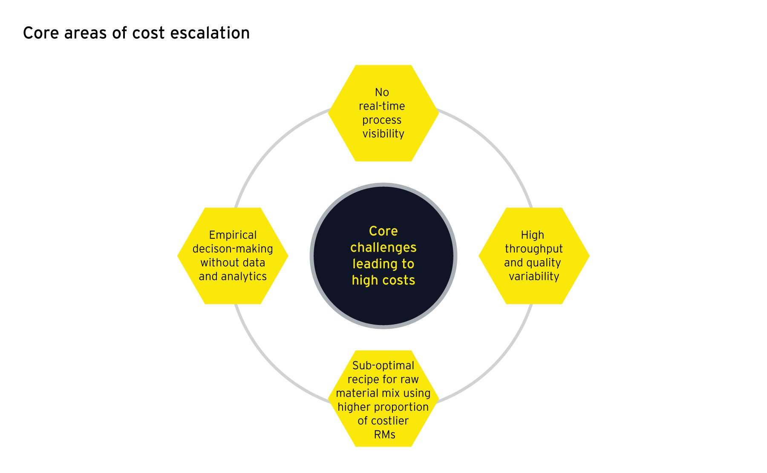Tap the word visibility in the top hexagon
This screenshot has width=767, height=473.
click(x=383, y=134)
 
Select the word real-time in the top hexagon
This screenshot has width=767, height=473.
click(x=382, y=106)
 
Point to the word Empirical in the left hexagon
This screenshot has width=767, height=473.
click(x=233, y=235)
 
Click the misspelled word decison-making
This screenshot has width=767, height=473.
click(x=233, y=249)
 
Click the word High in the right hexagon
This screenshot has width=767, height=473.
click(x=532, y=235)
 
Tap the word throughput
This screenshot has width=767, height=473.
click(x=533, y=249)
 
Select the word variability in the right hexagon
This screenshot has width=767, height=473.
click(x=534, y=276)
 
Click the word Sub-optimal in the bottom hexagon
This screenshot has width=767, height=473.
click(x=383, y=366)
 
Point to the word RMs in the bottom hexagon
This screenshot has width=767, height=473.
click(x=384, y=435)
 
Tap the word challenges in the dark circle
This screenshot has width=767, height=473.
click(x=383, y=247)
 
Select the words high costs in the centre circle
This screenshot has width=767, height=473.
click(x=383, y=280)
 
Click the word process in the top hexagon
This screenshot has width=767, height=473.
click(x=382, y=120)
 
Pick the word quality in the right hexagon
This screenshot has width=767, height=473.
click(x=543, y=263)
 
